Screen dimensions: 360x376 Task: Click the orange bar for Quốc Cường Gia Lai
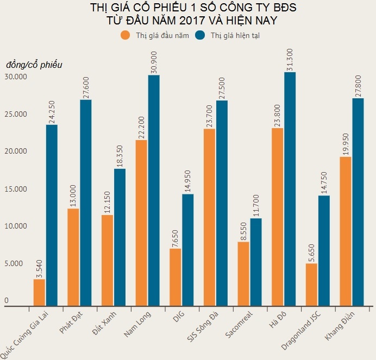[x=39, y=293]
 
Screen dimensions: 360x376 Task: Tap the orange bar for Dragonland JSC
[x=311, y=285]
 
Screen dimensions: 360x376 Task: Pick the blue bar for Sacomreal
[x=256, y=262]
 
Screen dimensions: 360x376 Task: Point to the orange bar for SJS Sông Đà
[x=209, y=217]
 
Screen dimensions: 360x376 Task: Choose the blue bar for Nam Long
[x=154, y=191]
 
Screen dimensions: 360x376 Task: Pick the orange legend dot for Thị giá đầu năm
[x=126, y=35]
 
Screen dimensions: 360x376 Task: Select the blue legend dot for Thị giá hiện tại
[x=200, y=35]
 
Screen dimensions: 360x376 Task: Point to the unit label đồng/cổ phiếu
[x=34, y=65]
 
